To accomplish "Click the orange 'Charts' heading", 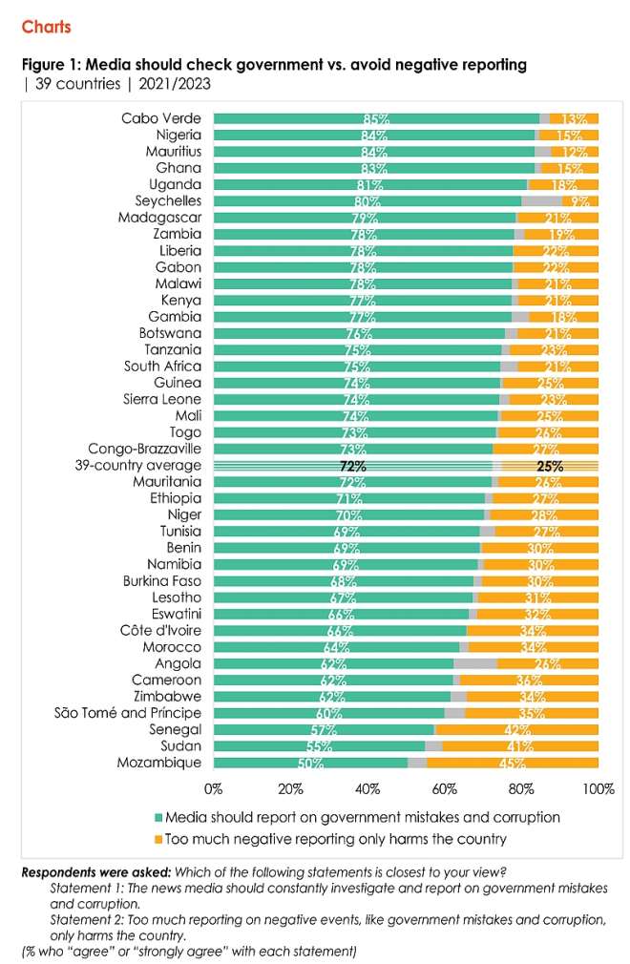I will [46, 27].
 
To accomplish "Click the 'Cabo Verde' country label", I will [161, 118].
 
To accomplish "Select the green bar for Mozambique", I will [310, 763].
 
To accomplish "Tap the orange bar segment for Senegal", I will [516, 730].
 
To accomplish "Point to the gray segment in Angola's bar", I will [474, 663].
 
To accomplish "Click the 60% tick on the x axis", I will [444, 789].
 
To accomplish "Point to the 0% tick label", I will [214, 789].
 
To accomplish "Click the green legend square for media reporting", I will [158, 818].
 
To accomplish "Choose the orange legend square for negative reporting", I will [158, 839].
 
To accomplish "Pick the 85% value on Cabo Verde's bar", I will [375, 119].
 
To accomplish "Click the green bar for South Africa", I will [356, 367].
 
